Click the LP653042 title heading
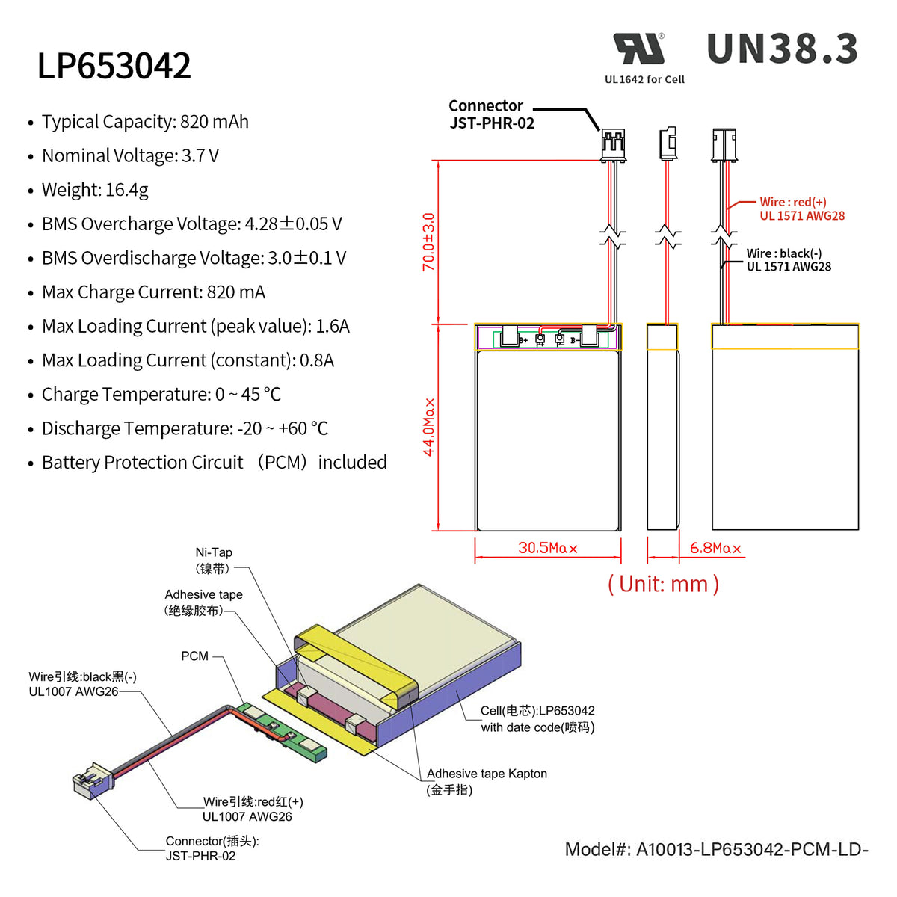pos(114,66)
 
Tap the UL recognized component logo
pos(640,49)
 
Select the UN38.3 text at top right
pos(782,49)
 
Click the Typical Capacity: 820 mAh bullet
pos(145,122)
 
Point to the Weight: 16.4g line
pos(95,190)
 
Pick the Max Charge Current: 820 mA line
pos(153,292)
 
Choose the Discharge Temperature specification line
pos(185,429)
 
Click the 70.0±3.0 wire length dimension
pos(428,241)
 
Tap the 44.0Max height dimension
pos(429,427)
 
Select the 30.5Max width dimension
pos(548,548)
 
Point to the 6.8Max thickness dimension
pos(715,548)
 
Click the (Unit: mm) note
pos(663,584)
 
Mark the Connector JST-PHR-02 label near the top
pos(491,114)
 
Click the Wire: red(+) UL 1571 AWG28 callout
pos(801,209)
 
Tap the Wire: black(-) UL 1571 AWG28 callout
pos(788,260)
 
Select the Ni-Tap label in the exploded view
pos(214,560)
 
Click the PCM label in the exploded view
pos(194,656)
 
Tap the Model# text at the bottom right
pos(716,850)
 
